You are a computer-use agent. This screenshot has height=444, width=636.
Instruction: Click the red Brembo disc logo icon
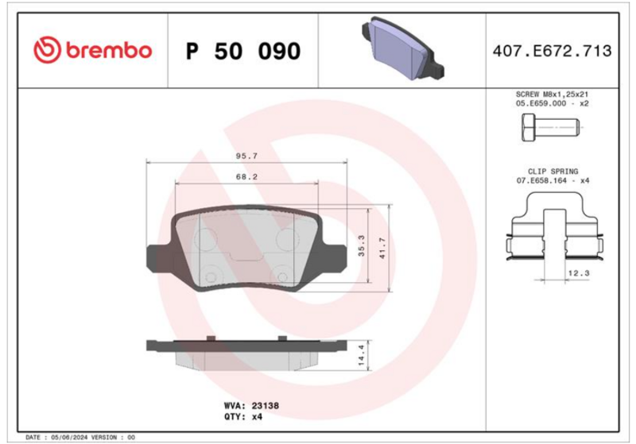47,50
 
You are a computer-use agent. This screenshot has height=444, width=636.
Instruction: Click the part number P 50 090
243,51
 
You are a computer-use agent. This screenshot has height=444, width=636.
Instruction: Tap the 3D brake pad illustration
402,48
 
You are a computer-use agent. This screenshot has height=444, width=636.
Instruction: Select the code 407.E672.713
552,51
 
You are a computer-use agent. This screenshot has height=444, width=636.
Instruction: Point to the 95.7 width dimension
246,156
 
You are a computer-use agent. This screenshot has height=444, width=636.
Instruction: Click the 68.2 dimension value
246,177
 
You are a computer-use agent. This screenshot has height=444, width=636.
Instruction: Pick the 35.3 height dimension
362,245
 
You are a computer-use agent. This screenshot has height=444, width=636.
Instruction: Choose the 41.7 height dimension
382,248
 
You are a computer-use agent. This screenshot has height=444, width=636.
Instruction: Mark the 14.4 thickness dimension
362,355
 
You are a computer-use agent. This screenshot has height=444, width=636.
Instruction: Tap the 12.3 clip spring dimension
579,273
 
